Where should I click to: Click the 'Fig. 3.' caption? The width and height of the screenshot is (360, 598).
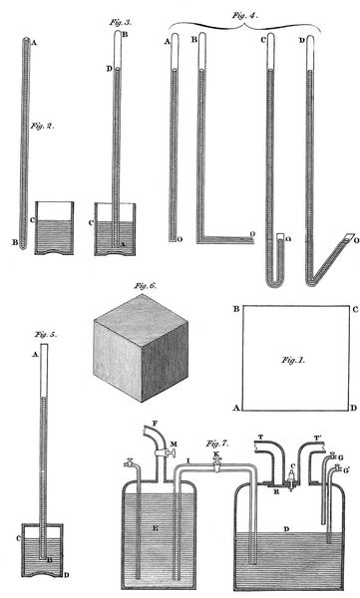121,23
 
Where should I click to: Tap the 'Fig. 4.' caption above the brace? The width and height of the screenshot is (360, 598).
245,16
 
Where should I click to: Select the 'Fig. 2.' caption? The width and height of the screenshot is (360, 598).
42,126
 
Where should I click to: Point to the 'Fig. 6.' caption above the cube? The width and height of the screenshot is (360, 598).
145,286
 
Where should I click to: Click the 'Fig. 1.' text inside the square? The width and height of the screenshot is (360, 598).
293,360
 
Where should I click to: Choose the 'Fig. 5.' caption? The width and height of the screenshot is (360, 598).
46,335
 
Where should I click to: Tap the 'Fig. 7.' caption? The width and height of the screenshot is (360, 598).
217,444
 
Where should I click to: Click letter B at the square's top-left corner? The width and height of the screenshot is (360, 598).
236,309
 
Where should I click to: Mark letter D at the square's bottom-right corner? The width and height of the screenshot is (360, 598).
354,408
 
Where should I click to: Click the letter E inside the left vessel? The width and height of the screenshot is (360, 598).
155,528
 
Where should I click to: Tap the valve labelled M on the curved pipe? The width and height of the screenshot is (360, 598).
165,452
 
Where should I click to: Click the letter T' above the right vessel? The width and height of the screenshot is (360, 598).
318,439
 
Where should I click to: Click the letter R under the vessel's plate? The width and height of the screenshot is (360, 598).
277,492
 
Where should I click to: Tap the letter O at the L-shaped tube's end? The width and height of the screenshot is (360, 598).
252,233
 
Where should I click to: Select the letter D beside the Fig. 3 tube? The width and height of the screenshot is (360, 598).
109,69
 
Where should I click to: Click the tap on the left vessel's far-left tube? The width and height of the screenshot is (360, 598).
130,462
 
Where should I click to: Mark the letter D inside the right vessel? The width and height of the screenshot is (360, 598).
286,528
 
